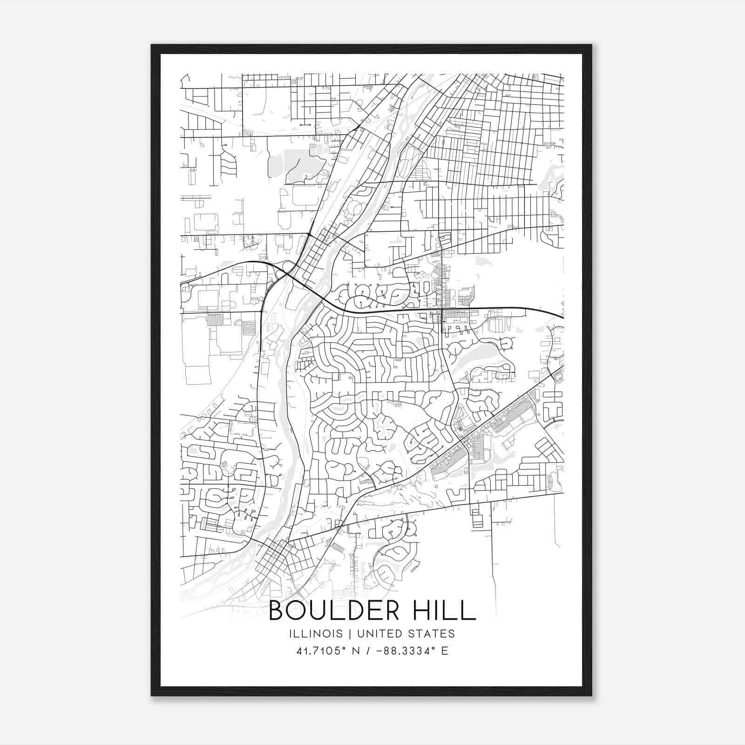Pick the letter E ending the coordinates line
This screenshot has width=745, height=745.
pos(445,651)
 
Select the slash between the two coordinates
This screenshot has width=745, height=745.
pos(368,651)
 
